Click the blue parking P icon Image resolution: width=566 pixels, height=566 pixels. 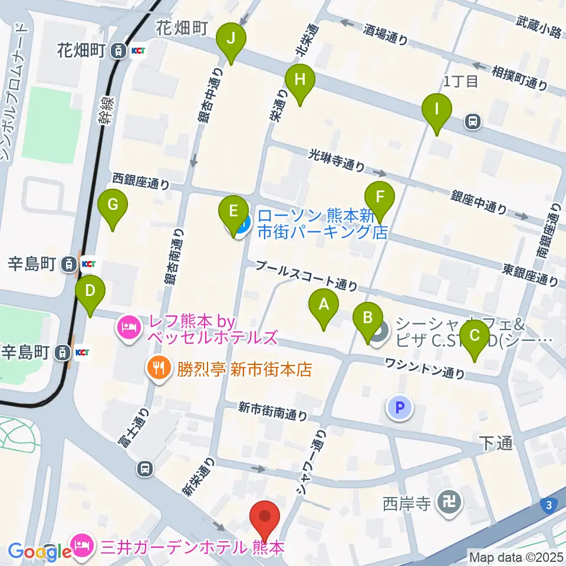click(399, 407)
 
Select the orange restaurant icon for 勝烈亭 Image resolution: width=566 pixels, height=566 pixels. click(157, 370)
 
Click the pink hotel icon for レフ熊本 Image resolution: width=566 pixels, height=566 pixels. click(129, 325)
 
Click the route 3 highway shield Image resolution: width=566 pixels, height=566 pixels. click(549, 504)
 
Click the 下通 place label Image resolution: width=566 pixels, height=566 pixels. click(495, 443)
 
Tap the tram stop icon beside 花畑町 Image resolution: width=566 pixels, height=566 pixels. click(119, 51)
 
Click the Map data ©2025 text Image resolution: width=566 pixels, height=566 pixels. click(516, 556)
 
